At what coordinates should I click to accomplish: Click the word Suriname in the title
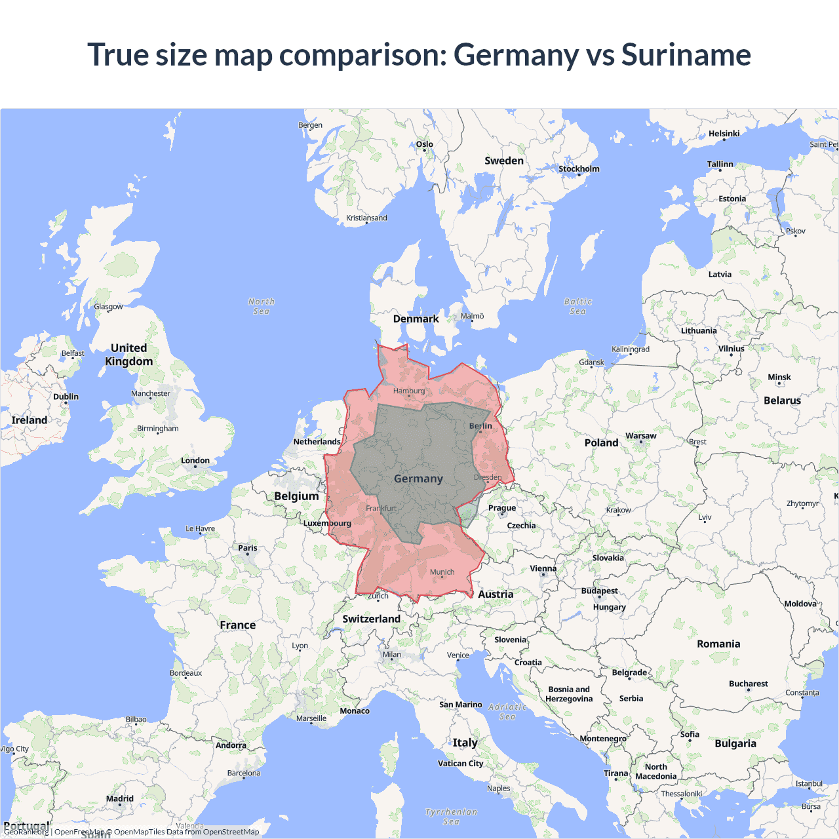click(x=686, y=54)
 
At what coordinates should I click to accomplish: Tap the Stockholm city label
click(x=579, y=169)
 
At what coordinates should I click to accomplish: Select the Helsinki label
click(x=724, y=134)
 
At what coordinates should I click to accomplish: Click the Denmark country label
click(x=416, y=319)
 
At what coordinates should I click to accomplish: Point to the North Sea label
click(x=262, y=306)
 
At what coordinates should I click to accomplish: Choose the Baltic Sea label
click(x=577, y=306)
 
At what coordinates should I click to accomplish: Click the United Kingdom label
click(x=129, y=355)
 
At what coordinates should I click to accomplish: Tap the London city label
click(x=195, y=461)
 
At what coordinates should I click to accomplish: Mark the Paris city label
click(x=248, y=548)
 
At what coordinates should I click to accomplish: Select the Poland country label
click(x=601, y=443)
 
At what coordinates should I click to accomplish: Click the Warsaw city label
click(x=640, y=436)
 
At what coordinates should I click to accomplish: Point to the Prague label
click(x=502, y=508)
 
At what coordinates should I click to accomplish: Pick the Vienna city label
click(x=543, y=569)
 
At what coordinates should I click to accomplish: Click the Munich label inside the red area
click(x=442, y=572)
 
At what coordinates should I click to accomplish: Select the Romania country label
click(x=718, y=644)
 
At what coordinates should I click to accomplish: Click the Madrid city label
click(x=120, y=799)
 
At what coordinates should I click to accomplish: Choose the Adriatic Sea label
click(x=507, y=711)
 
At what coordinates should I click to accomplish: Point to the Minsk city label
click(x=779, y=378)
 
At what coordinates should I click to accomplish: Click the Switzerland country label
click(x=371, y=619)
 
